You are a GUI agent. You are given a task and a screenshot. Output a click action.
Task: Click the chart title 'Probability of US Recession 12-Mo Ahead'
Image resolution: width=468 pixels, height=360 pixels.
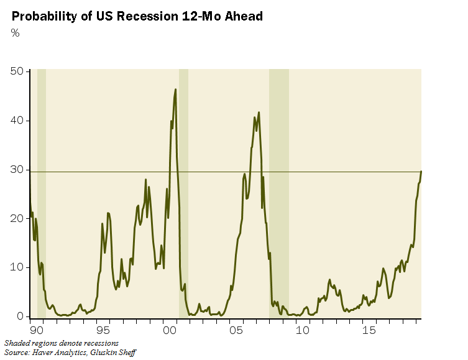[x=137, y=16]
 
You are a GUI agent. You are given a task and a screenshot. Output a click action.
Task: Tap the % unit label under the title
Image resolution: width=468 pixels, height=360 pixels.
[x=16, y=33]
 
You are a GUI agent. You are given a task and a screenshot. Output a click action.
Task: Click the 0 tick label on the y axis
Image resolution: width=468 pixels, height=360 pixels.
[x=20, y=316]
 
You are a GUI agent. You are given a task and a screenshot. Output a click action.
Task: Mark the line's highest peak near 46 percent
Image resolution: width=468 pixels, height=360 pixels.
[x=175, y=90]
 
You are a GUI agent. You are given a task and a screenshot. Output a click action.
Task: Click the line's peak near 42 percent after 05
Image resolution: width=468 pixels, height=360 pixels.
[x=259, y=113]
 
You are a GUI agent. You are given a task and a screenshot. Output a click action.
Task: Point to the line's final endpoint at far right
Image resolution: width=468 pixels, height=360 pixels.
[x=421, y=171]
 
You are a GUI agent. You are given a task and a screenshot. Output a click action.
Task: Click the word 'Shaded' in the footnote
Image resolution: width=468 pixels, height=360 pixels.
[x=17, y=343]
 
